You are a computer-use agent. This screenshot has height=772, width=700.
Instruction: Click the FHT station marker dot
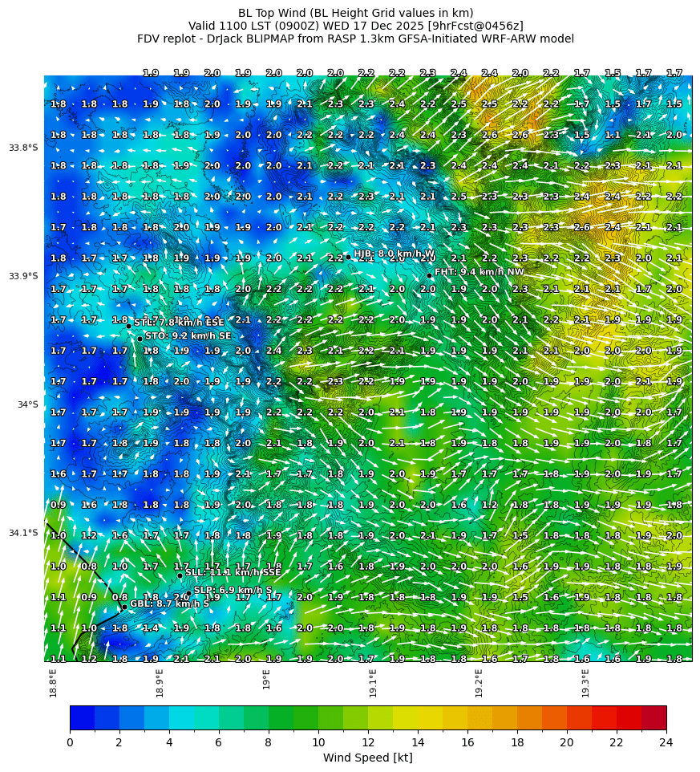(429, 275)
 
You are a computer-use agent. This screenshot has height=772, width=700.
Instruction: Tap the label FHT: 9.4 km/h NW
(479, 272)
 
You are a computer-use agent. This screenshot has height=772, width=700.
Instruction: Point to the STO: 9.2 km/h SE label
(188, 335)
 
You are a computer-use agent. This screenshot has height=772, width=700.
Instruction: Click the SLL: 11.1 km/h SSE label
(233, 572)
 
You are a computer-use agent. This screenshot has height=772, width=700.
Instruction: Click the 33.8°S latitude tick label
(23, 148)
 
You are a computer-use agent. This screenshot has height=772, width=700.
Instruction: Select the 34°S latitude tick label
(27, 404)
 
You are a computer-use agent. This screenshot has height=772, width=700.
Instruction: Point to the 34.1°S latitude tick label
(23, 533)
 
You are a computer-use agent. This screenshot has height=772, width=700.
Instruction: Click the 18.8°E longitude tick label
(54, 683)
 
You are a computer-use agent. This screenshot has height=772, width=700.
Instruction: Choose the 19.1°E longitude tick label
(373, 683)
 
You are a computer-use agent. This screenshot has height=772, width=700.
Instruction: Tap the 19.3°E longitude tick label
(585, 683)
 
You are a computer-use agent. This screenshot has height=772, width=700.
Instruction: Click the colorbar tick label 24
(666, 742)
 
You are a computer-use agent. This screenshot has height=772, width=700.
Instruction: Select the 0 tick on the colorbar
(70, 742)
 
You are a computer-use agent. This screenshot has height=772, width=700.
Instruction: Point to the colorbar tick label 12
(368, 742)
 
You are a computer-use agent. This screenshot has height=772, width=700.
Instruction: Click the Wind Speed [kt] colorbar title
(368, 758)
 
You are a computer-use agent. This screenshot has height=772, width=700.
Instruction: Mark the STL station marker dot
(128, 326)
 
